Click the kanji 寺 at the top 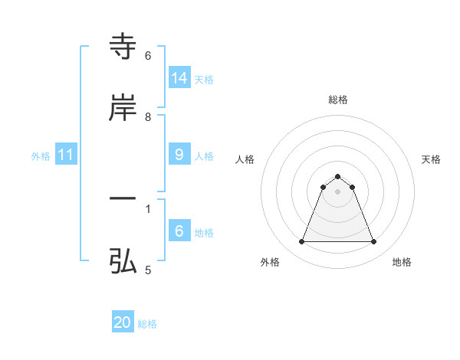pos(123,47)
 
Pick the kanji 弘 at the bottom pos(123,262)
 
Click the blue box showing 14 pos(179,77)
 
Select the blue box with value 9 pos(179,155)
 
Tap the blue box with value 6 pos(179,231)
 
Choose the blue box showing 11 pos(66,155)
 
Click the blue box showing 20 pos(123,322)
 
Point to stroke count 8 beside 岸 pos(148,117)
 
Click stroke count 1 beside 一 pos(148,208)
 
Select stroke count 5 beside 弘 pos(148,270)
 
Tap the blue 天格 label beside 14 pos(204,79)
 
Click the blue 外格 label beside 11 pos(41,156)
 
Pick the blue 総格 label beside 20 pos(147,324)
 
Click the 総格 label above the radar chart pos(337,100)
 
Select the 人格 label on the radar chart pos(245,159)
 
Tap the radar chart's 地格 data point pos(373,242)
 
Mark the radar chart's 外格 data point pos(301,242)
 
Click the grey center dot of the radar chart pos(337,191)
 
